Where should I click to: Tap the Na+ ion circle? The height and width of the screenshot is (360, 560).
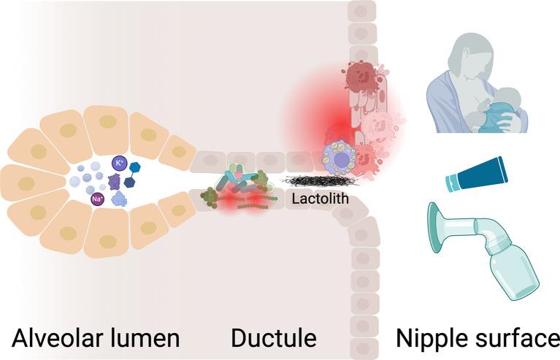(x=96, y=199)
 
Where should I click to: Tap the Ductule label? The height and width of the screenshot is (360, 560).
(x=273, y=338)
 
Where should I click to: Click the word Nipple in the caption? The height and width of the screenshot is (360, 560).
(x=430, y=338)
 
